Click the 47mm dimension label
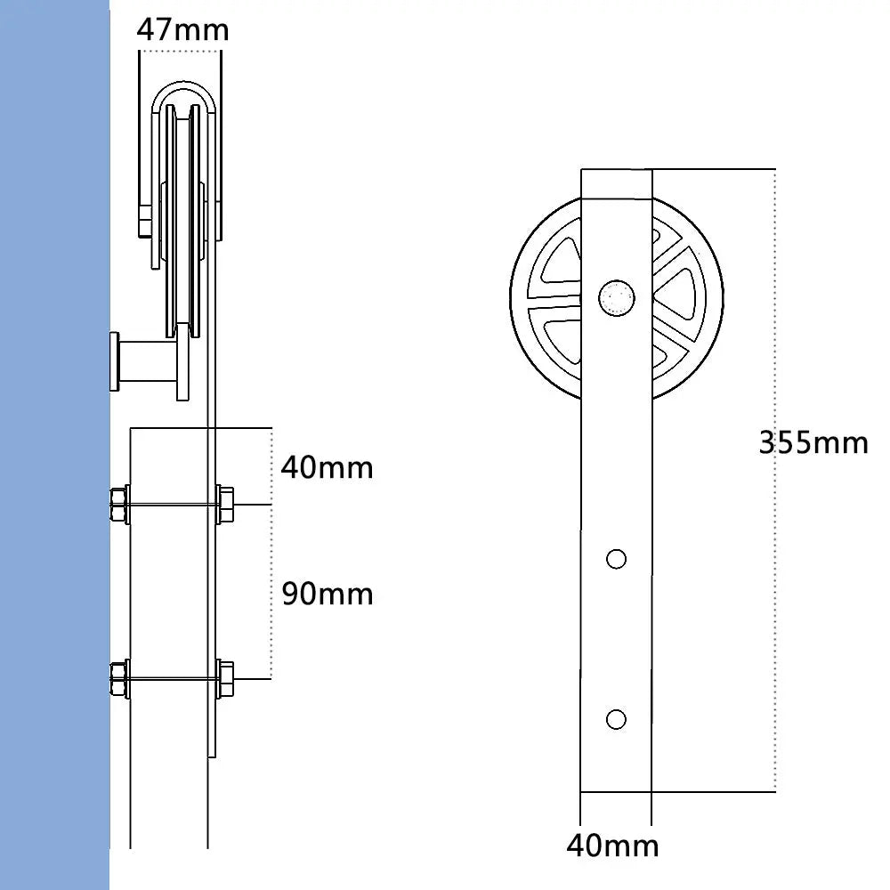click(x=182, y=29)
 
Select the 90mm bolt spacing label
click(x=327, y=594)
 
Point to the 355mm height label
click(x=813, y=441)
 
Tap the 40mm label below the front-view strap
click(x=612, y=845)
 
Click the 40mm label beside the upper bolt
click(x=327, y=466)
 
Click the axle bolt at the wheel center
click(x=616, y=296)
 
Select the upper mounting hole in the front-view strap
click(x=616, y=559)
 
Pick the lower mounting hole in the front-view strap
click(x=616, y=718)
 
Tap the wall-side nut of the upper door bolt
click(x=119, y=505)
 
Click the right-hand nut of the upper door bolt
click(x=225, y=505)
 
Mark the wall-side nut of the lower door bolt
click(x=119, y=679)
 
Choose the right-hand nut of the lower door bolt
click(x=225, y=679)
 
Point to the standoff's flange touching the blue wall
click(x=114, y=361)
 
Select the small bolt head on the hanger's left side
click(x=144, y=222)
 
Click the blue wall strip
click(x=53, y=445)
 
